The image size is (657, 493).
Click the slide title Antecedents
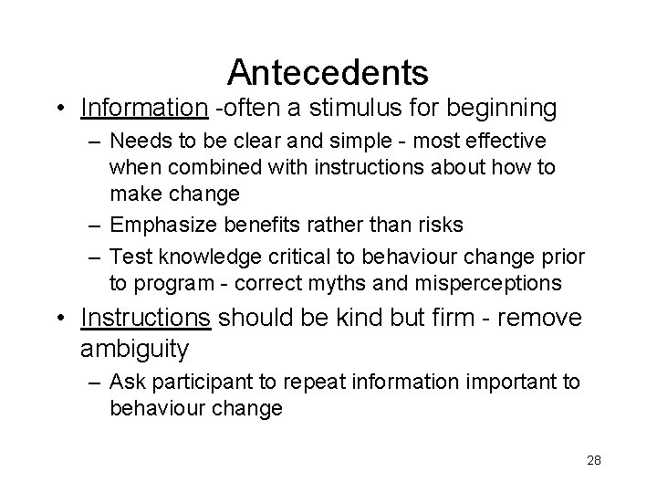(328, 70)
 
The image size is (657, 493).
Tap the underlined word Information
(144, 109)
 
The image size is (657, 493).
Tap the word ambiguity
(134, 349)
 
